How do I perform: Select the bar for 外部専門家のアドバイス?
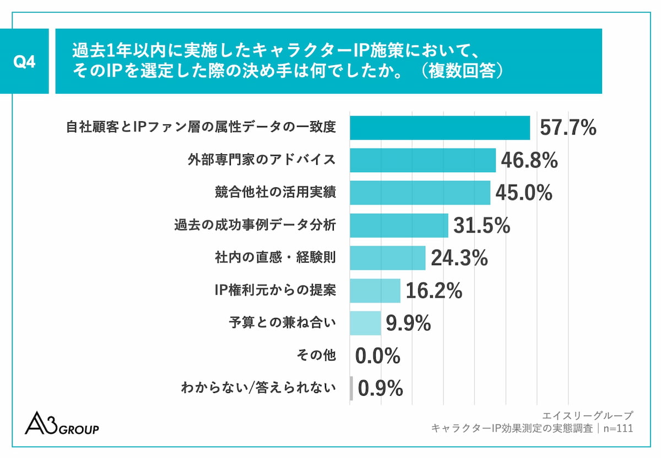point(422,160)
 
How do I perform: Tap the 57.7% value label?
point(568,128)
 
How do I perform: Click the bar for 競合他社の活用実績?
point(420,193)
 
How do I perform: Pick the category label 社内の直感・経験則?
point(275,258)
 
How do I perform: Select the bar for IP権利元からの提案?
point(375,290)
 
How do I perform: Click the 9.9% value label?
point(408,324)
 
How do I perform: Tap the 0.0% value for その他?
point(378,356)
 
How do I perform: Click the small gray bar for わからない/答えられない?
point(351,389)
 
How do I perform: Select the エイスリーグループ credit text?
point(587,415)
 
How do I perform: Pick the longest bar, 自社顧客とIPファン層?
point(440,128)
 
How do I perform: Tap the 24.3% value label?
point(459,258)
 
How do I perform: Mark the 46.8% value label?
point(529,160)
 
